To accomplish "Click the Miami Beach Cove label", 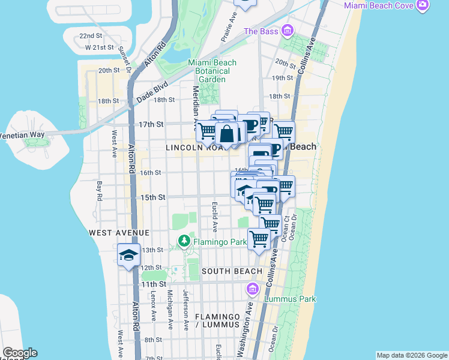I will [379, 5].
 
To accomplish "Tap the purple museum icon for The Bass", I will [288, 30].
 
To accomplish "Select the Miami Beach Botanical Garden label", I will [212, 71].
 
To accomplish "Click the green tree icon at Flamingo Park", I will [184, 242].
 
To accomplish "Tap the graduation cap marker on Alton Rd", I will [128, 256].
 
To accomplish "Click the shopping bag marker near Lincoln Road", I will [228, 134].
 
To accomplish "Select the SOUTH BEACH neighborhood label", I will [232, 271].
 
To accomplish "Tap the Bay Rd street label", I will [99, 188].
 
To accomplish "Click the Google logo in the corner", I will [19, 353].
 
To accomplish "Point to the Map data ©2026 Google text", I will [412, 355].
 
